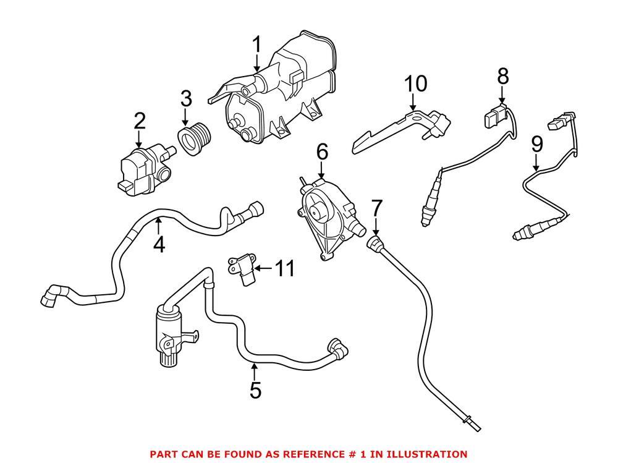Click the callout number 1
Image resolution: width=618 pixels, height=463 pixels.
click(x=256, y=45)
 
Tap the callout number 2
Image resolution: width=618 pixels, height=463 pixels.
click(x=139, y=121)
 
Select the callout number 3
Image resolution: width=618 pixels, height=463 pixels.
click(x=186, y=99)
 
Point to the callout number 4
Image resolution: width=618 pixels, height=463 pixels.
click(x=159, y=245)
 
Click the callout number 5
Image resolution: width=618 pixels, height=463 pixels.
click(x=255, y=390)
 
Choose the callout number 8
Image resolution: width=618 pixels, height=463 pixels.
click(x=503, y=77)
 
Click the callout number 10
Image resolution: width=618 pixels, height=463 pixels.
click(x=415, y=83)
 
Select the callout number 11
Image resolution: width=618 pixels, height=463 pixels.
click(x=285, y=268)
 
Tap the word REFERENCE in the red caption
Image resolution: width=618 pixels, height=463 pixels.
click(x=297, y=454)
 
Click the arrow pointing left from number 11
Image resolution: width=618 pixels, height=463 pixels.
click(x=263, y=268)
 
